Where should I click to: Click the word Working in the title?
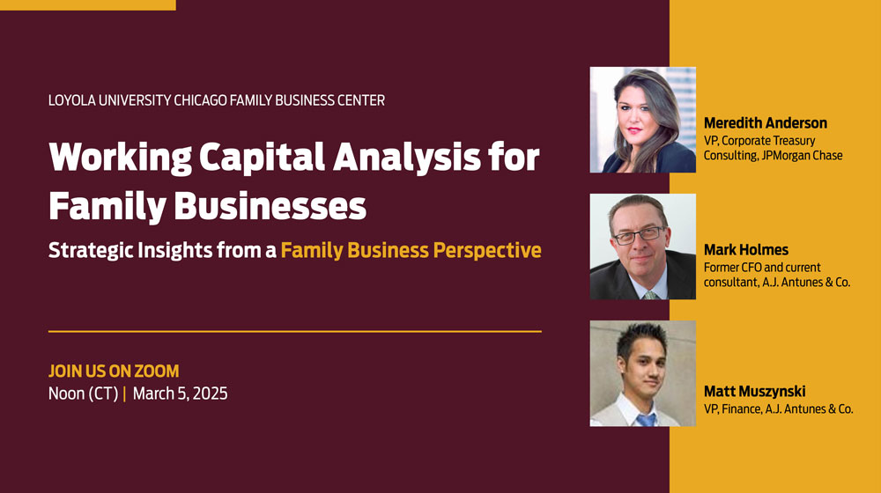[120, 158]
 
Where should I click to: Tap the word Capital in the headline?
[262, 158]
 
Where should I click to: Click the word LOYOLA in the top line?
[72, 100]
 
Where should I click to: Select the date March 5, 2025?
[180, 394]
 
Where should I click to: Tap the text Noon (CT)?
[83, 394]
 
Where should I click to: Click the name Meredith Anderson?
[766, 123]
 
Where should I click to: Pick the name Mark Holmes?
[746, 250]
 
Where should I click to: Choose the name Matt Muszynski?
[755, 392]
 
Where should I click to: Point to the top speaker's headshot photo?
[643, 120]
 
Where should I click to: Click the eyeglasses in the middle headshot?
[640, 234]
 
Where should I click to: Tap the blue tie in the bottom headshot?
[646, 419]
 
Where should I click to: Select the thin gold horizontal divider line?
[295, 331]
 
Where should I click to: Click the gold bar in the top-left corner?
[87, 5]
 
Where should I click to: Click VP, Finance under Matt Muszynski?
[733, 409]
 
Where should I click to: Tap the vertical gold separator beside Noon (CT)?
[124, 394]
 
